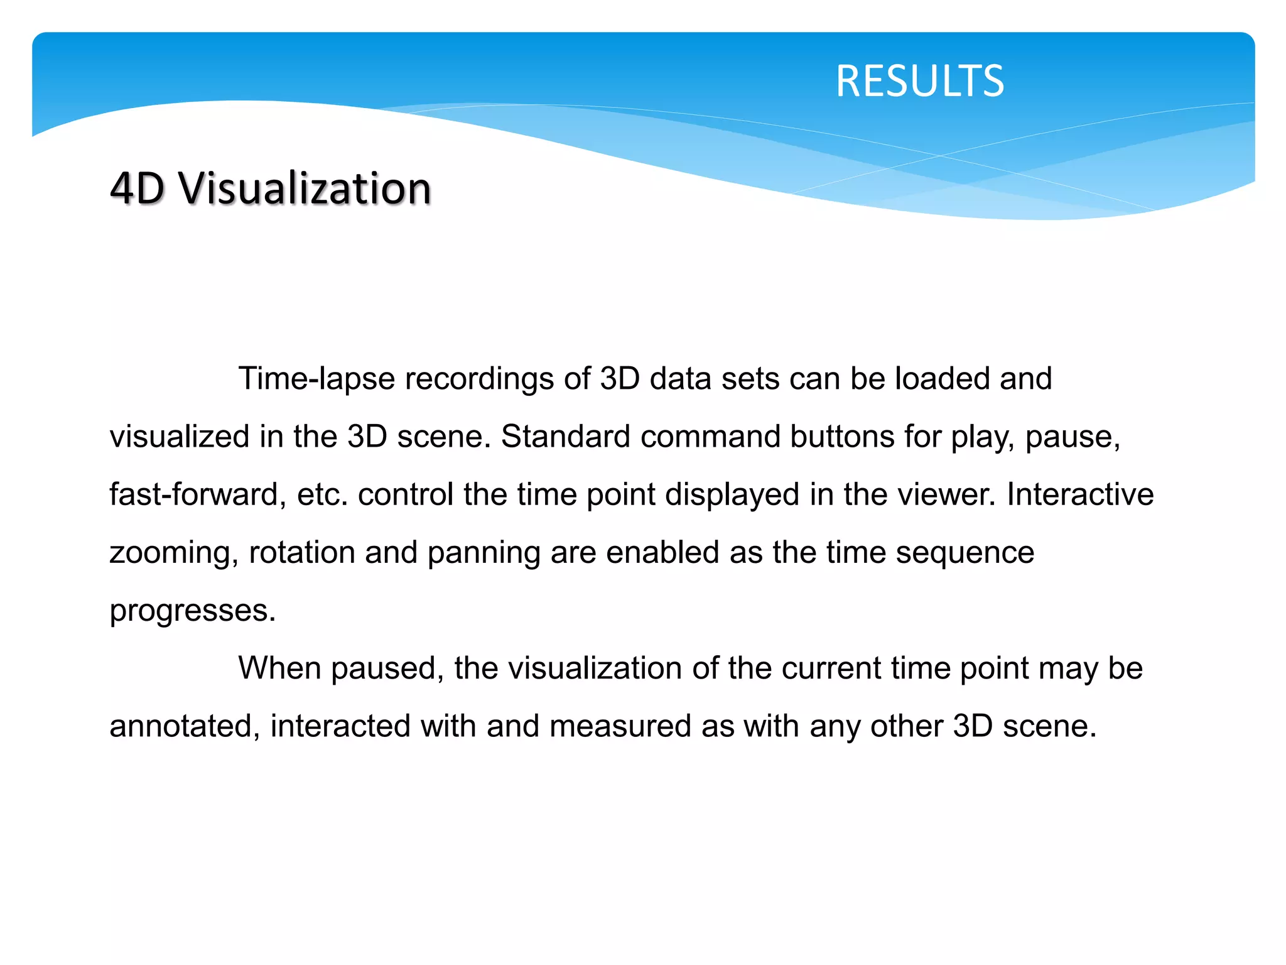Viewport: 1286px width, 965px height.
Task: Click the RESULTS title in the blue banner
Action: [919, 81]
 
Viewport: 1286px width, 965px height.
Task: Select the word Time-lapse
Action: [316, 379]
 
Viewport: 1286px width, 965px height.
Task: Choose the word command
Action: [710, 437]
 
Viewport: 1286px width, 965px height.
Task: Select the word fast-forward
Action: [193, 494]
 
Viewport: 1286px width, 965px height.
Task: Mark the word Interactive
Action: [1080, 494]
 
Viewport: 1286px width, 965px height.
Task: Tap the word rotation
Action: [302, 552]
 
